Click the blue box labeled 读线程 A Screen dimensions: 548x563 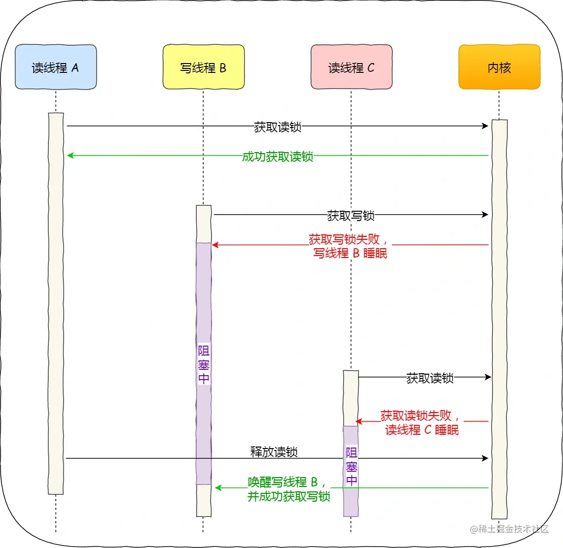(x=56, y=67)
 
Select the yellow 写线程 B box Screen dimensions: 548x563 (x=204, y=67)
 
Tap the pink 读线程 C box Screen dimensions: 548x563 (x=352, y=67)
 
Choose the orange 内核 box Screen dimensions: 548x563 (x=499, y=67)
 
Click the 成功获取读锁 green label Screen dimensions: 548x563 (x=278, y=157)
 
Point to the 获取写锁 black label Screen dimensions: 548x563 (x=351, y=215)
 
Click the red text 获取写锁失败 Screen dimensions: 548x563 (x=344, y=239)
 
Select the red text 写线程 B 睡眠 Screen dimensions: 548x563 (x=350, y=253)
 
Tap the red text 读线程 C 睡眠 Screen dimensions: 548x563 (x=422, y=430)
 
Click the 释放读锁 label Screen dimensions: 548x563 (x=274, y=451)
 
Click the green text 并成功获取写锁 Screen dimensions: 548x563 (x=289, y=496)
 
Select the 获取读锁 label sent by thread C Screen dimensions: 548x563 (x=430, y=378)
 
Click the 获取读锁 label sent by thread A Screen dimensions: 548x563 (x=278, y=127)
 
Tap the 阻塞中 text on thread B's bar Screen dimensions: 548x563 (x=204, y=364)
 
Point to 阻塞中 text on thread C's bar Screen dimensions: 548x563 (x=352, y=466)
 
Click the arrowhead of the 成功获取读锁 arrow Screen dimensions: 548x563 (x=70, y=156)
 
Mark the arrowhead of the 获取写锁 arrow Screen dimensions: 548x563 (x=485, y=214)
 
